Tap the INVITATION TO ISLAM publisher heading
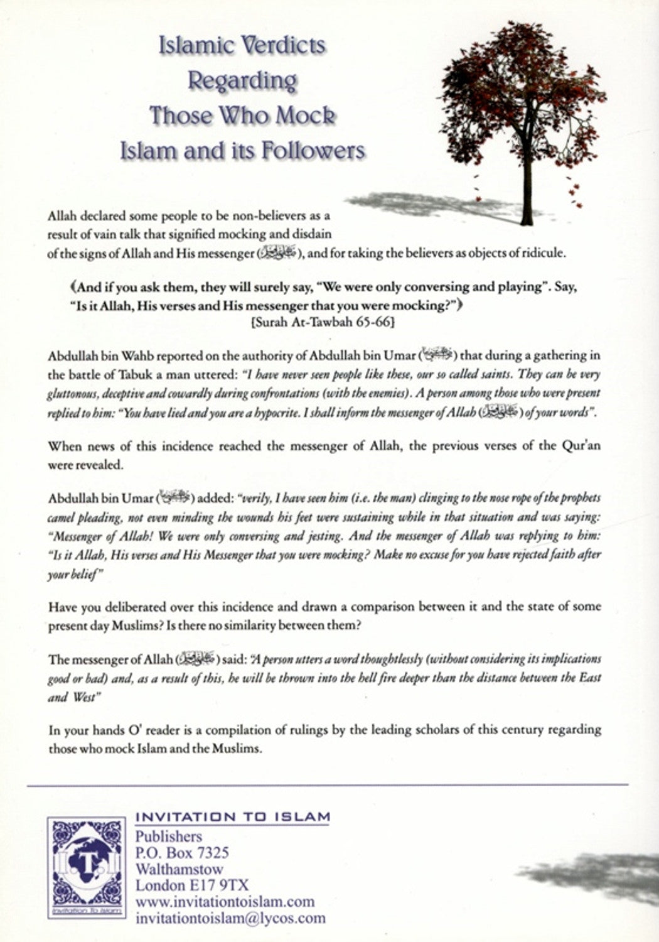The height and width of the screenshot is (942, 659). click(x=233, y=817)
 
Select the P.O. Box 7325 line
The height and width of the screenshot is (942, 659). click(x=182, y=853)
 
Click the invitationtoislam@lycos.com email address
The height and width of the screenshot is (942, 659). click(x=231, y=918)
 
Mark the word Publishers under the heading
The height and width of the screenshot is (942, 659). click(x=169, y=836)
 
